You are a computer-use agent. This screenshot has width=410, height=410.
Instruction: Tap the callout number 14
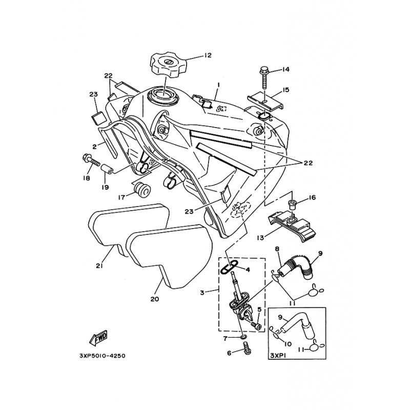285,69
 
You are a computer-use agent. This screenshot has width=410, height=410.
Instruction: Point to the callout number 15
286,90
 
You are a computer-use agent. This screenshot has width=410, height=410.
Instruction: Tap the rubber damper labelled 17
141,190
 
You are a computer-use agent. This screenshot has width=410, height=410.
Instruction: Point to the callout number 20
155,299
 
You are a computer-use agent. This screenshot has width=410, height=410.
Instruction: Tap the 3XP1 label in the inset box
279,355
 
